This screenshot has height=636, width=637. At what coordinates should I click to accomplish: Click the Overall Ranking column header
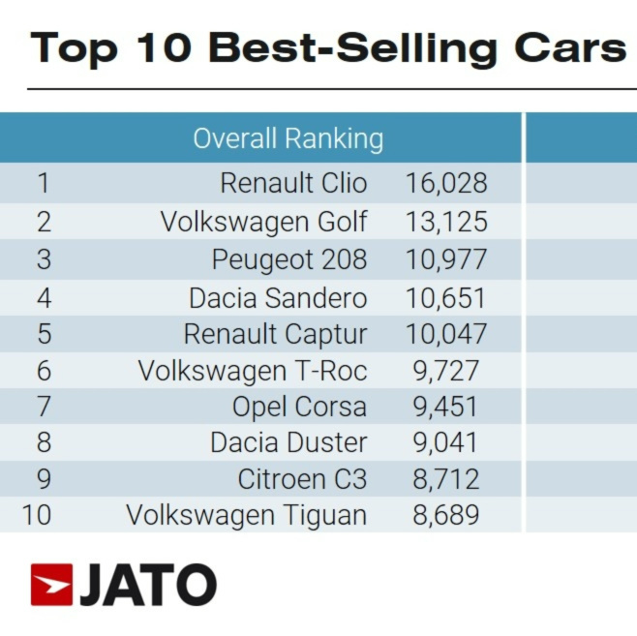tap(288, 138)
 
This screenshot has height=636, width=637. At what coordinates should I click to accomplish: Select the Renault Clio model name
tap(293, 183)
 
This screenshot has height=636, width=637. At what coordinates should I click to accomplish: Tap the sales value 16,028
tap(445, 183)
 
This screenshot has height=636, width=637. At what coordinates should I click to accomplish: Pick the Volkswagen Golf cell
tap(263, 222)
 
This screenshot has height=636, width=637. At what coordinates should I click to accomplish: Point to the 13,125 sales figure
tap(445, 222)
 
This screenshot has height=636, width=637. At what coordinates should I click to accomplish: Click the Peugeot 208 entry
tap(288, 259)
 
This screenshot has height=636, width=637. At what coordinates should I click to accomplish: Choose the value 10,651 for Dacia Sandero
tap(445, 297)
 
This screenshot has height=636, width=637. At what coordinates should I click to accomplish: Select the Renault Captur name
tap(275, 335)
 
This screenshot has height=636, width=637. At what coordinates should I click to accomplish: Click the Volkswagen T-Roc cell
tap(252, 371)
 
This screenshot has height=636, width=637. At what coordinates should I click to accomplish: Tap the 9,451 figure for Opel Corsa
tap(445, 407)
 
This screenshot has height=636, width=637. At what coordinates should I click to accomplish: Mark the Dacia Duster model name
tap(288, 442)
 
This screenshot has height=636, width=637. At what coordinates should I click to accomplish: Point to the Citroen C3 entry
tap(302, 478)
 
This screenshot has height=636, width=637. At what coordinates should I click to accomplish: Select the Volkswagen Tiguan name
tap(246, 514)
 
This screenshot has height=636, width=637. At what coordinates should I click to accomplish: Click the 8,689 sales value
tap(445, 514)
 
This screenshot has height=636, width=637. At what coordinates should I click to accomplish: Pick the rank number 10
tap(36, 514)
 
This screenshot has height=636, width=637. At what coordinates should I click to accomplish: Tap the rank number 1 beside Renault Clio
tap(42, 183)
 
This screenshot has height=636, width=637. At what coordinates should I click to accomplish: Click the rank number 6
tap(43, 371)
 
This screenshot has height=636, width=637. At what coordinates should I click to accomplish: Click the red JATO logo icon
tap(51, 585)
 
